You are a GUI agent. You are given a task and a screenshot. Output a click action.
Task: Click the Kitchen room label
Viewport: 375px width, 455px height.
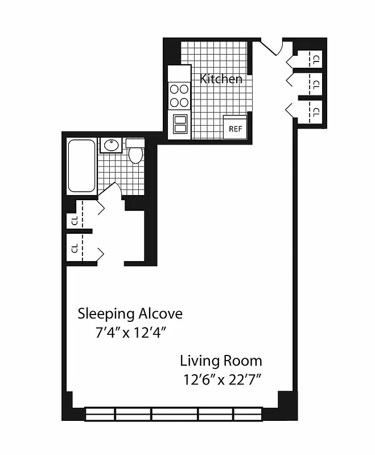221,79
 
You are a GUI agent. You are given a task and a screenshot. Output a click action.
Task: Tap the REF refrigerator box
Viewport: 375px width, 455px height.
235,128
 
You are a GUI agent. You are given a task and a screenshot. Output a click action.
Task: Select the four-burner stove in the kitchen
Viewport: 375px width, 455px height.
179,96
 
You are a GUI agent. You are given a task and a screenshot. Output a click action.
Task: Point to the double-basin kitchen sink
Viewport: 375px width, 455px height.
180,124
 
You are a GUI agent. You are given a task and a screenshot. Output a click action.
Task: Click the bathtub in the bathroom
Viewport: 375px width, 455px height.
81,166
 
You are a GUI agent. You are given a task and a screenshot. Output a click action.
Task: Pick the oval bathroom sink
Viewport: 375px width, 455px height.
111,146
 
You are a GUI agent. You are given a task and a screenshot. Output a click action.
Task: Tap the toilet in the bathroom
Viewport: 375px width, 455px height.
135,152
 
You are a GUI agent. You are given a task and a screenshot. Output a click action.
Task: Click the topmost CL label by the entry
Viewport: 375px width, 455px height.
316,57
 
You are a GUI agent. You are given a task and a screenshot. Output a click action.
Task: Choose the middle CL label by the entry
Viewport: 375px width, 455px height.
316,84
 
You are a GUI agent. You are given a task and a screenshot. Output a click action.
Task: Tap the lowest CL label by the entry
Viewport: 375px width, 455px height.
316,111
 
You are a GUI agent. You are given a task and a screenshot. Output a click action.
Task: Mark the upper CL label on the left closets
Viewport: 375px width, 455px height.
74,221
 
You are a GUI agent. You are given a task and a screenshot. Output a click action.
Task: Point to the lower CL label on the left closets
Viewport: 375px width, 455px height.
74,249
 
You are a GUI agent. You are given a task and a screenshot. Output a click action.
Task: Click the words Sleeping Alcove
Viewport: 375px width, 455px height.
130,313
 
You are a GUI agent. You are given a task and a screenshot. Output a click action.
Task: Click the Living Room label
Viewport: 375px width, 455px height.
221,361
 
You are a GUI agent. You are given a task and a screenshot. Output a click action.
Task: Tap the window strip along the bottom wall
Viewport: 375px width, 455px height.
173,413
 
